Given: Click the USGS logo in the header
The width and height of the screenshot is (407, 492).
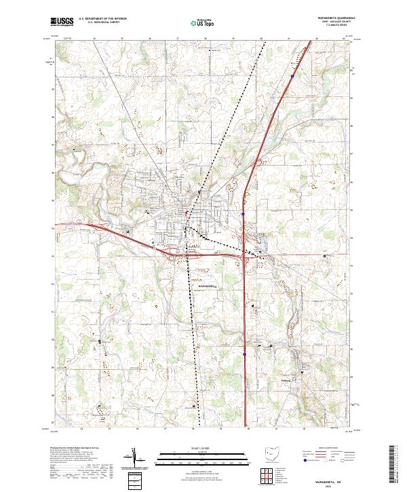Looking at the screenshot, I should [x=61, y=22].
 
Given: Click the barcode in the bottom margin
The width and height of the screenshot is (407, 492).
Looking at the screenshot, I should [x=396, y=468].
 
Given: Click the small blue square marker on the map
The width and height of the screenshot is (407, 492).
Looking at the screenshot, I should [x=153, y=241].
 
